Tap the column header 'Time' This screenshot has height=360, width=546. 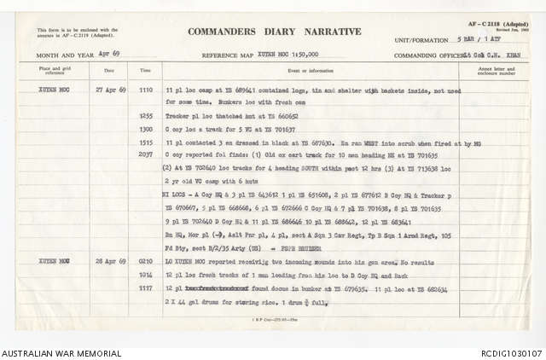146,71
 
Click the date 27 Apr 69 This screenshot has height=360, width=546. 108,89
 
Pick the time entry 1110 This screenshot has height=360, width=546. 146,89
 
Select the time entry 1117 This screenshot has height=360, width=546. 146,238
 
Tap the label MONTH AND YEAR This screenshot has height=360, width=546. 61,54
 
